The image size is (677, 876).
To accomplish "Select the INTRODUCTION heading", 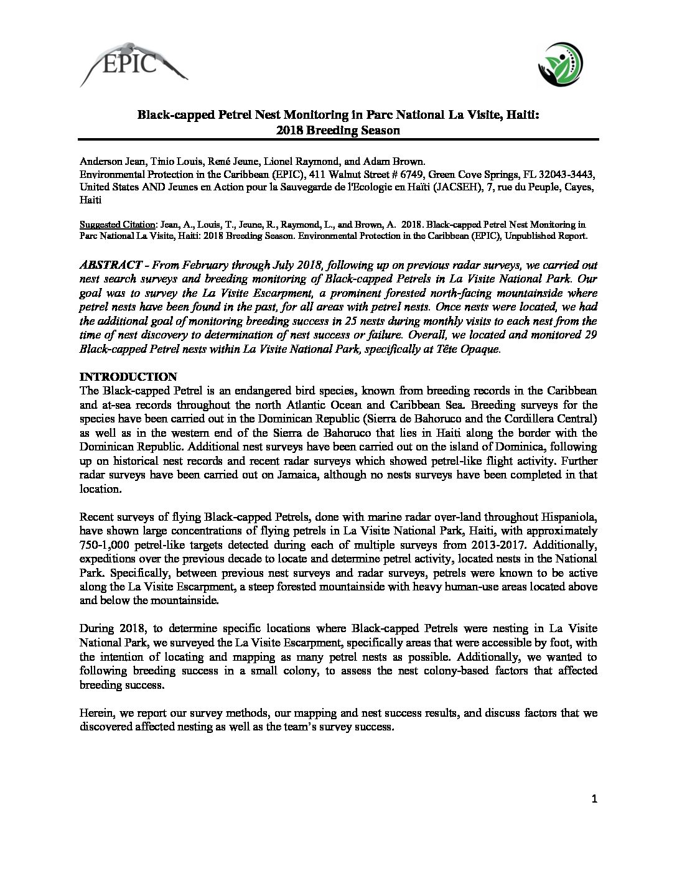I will pos(129,377).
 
